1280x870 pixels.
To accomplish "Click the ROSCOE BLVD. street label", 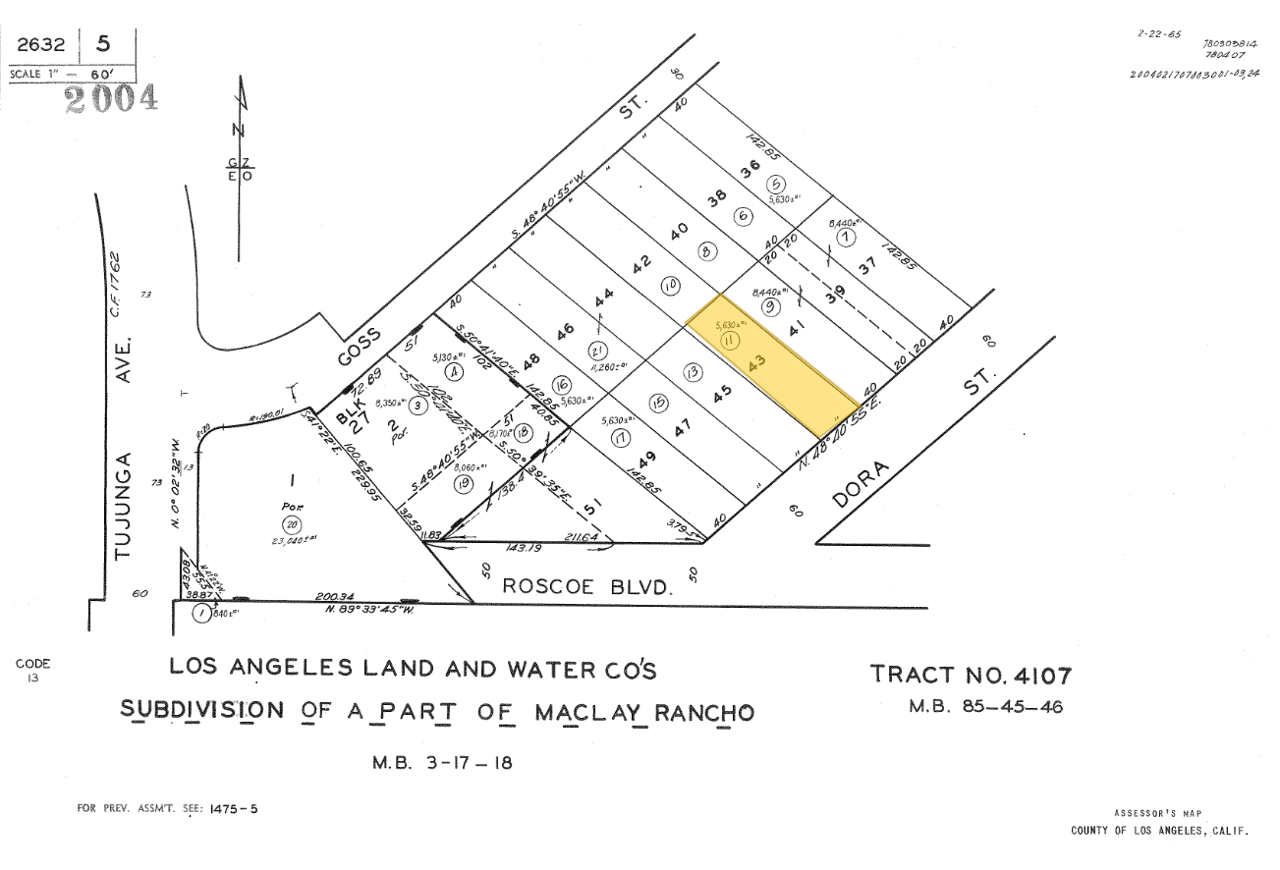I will point(587,586).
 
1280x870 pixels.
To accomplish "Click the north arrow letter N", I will point(234,129).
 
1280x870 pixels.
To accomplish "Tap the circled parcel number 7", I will point(843,239).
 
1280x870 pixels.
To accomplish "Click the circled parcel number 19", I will point(462,484).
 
